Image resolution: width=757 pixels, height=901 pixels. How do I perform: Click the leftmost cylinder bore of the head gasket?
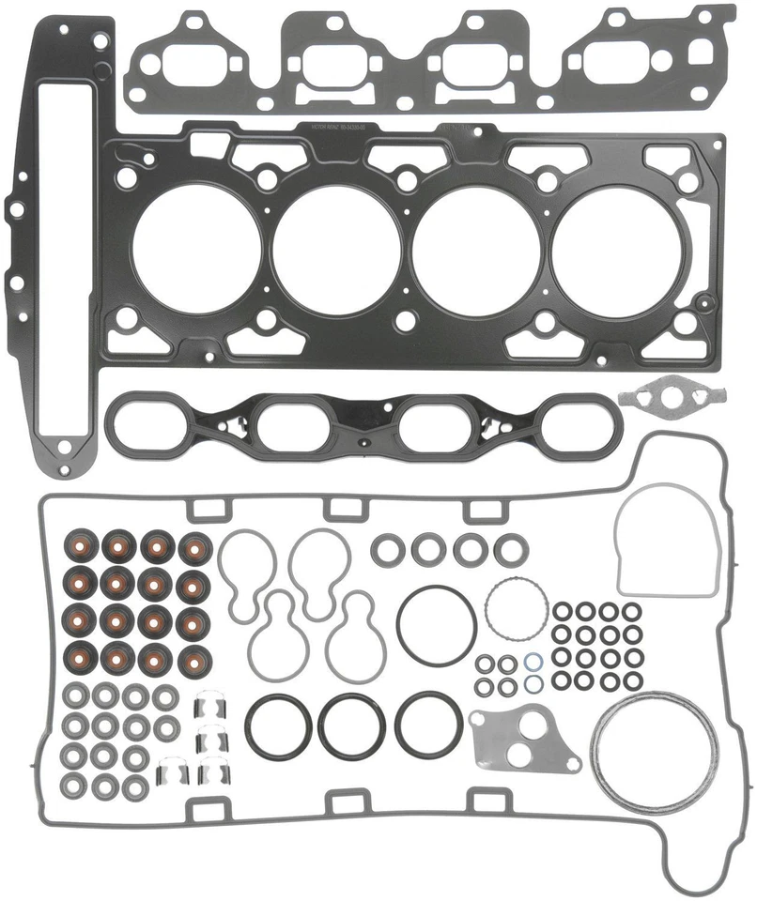click(194, 250)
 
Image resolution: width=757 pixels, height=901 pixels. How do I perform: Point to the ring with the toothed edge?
click(515, 609)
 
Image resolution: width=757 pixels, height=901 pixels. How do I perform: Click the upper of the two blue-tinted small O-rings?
click(532, 662)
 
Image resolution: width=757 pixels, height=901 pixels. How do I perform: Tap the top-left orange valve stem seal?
click(78, 547)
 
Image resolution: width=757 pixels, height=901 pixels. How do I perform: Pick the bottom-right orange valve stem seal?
click(195, 658)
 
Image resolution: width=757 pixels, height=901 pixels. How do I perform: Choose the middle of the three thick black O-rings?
click(351, 725)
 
